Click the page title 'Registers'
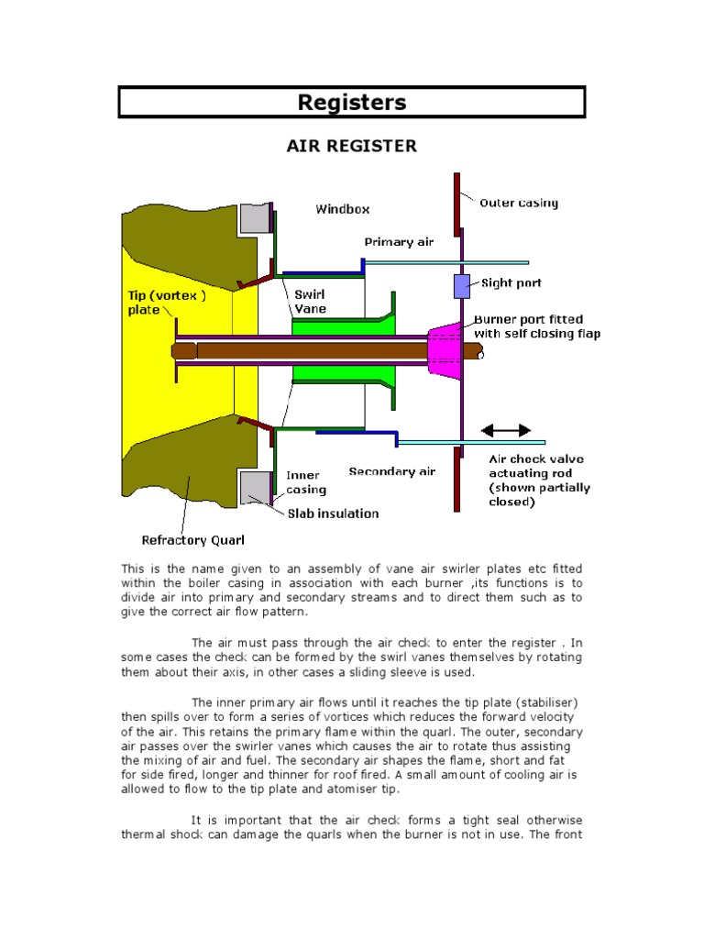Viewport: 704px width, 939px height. tap(351, 103)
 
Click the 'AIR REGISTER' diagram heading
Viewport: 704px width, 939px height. tap(352, 146)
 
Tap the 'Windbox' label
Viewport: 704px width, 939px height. tap(343, 209)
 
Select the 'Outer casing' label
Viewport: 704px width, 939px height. tap(519, 203)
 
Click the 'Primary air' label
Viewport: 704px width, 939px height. tap(399, 242)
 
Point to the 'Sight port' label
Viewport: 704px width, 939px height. tap(511, 283)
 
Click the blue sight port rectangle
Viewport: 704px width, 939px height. tap(462, 286)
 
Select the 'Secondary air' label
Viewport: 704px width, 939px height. tap(392, 471)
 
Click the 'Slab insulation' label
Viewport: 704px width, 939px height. tap(333, 514)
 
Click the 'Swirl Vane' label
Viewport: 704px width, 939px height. tap(310, 302)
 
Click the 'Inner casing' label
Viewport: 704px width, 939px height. tap(303, 482)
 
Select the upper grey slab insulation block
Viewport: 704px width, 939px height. tap(253, 218)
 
